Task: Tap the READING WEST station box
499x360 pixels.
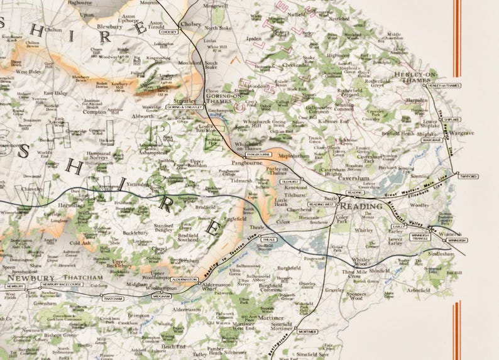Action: click(321, 204)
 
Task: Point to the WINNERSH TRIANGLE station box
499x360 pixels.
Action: click(419, 236)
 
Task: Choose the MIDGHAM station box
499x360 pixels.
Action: click(162, 295)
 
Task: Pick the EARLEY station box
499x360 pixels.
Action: click(398, 226)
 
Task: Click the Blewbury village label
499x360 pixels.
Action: click(109, 27)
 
